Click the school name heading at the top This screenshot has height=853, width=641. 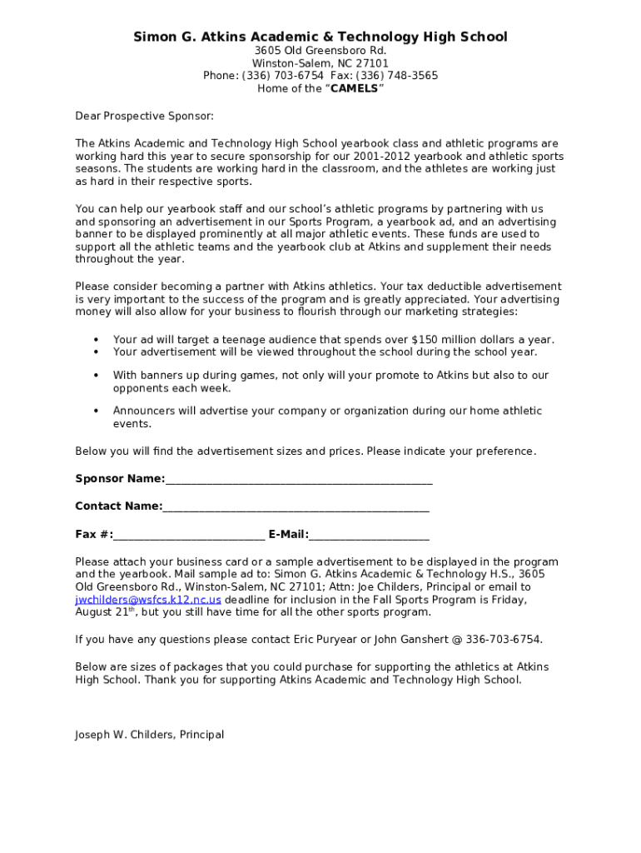320,37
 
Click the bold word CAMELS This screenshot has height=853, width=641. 354,88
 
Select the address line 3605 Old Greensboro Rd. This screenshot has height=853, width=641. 320,51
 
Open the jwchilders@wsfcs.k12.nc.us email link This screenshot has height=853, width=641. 148,600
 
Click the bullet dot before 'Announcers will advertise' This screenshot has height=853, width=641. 97,411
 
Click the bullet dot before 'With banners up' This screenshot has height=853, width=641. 97,376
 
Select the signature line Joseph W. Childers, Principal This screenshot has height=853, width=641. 150,735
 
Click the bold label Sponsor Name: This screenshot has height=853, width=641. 120,479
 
